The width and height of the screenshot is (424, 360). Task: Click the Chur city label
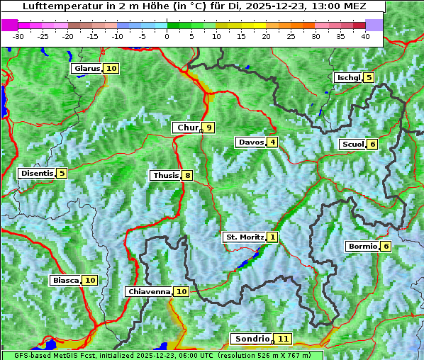coord(187,128)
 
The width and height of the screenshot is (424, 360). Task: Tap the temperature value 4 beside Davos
coord(272,142)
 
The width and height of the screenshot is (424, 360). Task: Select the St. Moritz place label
coord(245,237)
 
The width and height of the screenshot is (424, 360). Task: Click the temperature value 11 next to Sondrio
coord(283,339)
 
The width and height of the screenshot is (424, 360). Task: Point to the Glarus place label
coord(86,69)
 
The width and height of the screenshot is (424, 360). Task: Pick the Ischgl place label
coord(348,78)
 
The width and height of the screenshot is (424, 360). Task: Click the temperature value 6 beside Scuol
coord(373,144)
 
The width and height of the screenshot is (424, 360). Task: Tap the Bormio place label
coord(362,247)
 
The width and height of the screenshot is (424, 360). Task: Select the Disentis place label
coord(36,173)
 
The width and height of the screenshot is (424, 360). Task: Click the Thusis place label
coord(165,175)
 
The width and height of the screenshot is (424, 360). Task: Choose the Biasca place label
coord(65,281)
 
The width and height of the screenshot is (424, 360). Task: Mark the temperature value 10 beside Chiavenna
coord(182,291)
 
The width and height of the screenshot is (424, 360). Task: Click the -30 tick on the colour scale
coord(18,36)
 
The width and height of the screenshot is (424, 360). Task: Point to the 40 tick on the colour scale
coord(365,36)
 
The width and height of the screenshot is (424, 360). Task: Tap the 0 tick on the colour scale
coord(167,36)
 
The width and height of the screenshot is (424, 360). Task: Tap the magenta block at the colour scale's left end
coord(10,24)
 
